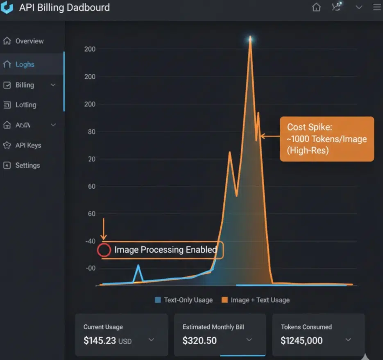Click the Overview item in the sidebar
(x=29, y=41)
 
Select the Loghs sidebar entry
(x=25, y=64)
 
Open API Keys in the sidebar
(x=28, y=145)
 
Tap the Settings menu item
(x=27, y=165)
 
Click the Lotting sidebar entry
(x=25, y=105)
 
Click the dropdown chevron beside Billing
(x=53, y=85)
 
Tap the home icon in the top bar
(x=316, y=7)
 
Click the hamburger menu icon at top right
(x=377, y=7)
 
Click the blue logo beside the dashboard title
(x=7, y=8)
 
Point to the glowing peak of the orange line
(x=250, y=39)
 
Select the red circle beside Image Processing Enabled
(x=104, y=250)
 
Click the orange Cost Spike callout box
(x=327, y=139)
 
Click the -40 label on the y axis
(x=90, y=241)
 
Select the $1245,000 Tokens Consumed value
(x=301, y=340)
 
